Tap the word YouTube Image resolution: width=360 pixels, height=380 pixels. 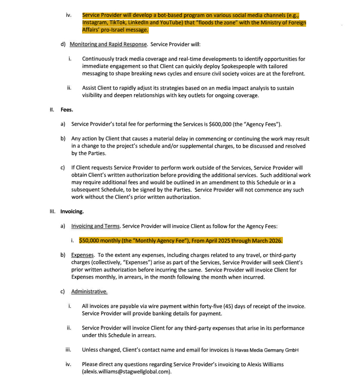click(165, 23)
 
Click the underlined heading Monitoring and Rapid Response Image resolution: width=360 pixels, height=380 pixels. click(108, 44)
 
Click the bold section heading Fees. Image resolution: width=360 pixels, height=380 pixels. click(67, 110)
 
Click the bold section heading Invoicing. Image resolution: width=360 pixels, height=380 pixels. click(72, 211)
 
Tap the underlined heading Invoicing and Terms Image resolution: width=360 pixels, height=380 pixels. click(95, 226)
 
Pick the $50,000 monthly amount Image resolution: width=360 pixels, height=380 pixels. click(90, 241)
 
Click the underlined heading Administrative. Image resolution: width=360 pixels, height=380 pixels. click(89, 291)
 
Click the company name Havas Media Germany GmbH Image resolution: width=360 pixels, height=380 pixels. click(266, 350)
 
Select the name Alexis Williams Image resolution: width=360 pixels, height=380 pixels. click(265, 364)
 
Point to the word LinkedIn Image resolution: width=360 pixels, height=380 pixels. click(137, 23)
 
